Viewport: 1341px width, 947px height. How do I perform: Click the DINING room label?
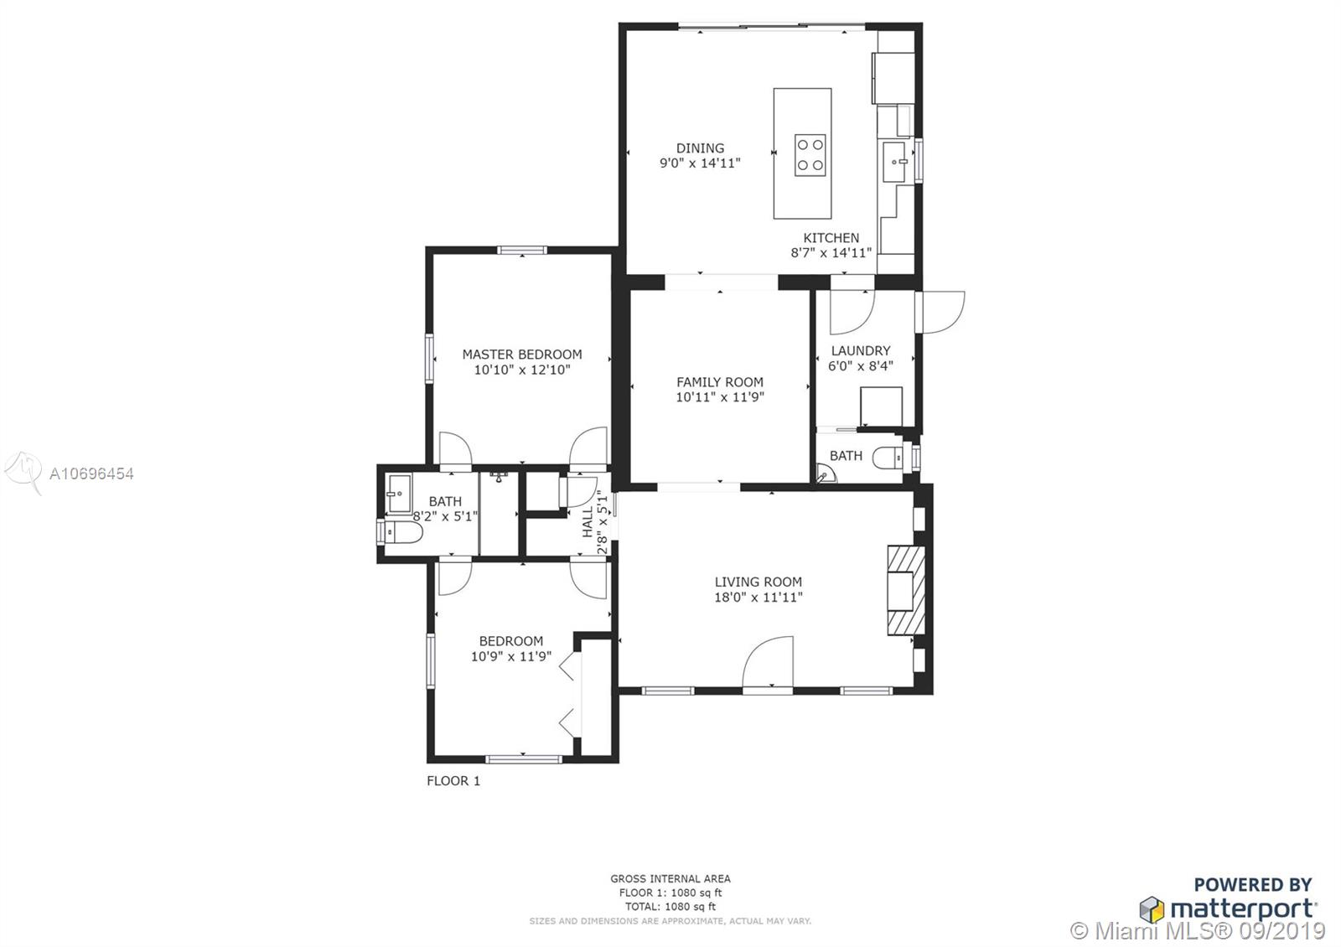coord(700,147)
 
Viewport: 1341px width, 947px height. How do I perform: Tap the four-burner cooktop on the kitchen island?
coord(810,155)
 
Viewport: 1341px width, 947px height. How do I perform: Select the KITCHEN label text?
coord(831,238)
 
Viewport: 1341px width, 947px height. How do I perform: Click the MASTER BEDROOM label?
coord(522,354)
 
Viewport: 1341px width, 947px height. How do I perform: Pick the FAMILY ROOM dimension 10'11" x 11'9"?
coord(720,397)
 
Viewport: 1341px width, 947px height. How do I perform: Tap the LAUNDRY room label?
coord(861,351)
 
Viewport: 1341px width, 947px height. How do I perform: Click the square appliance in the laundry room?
coord(881,406)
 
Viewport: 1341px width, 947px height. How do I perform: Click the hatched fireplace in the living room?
coord(906,590)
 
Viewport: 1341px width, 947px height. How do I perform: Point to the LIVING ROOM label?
coord(758,582)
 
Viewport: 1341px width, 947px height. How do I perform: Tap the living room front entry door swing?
coord(768,661)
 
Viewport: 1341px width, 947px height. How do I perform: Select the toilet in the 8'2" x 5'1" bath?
coord(401,531)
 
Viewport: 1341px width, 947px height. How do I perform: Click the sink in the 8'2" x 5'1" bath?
coord(399,494)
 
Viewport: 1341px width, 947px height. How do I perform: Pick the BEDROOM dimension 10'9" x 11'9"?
coord(511,657)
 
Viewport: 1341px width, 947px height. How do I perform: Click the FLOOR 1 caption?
coord(453,780)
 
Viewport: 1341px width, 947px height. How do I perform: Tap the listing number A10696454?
coord(91,474)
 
